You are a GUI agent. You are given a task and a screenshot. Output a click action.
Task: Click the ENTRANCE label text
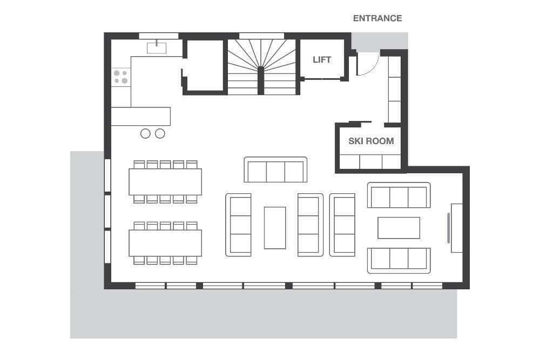(x=377, y=18)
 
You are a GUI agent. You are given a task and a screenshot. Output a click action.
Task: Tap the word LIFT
(x=322, y=60)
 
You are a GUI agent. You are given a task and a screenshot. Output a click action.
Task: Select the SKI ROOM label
(x=370, y=141)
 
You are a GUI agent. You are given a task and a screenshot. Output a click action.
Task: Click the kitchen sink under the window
(x=157, y=47)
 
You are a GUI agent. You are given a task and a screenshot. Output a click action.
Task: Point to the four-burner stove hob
(x=121, y=77)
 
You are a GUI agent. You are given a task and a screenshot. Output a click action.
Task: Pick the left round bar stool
(x=145, y=133)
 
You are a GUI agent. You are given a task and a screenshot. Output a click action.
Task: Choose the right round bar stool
(x=160, y=133)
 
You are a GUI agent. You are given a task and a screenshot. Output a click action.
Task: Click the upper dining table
(x=165, y=182)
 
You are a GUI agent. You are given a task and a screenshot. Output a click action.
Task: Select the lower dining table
(x=165, y=243)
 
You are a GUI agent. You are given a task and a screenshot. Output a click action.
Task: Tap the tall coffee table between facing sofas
(x=275, y=228)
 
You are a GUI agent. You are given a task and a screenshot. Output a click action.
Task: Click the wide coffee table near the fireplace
(x=399, y=228)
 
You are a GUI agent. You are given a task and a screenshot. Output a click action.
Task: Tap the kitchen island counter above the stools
(x=140, y=116)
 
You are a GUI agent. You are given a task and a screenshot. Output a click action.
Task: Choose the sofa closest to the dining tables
(x=238, y=225)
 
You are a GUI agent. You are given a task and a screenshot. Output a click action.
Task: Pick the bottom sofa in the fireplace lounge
(x=399, y=260)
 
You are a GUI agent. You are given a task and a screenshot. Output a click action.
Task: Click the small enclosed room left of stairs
(x=205, y=65)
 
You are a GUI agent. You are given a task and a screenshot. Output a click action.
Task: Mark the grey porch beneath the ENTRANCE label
(x=380, y=42)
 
